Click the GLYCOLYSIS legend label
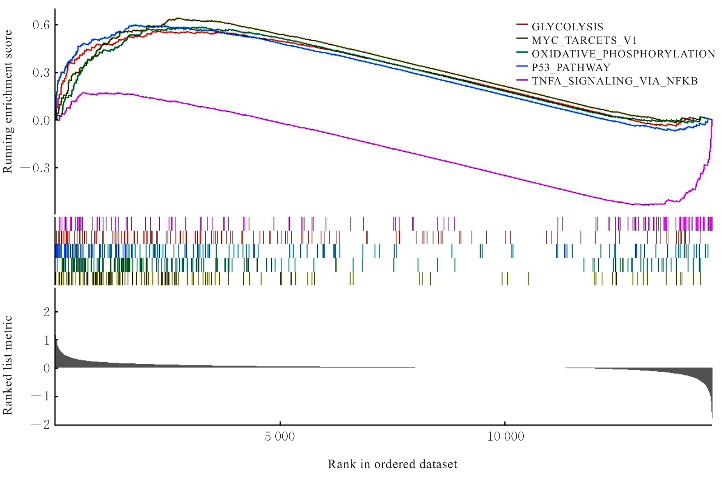click(x=567, y=27)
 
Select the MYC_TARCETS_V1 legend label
click(x=584, y=41)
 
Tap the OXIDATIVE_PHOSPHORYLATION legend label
click(x=623, y=54)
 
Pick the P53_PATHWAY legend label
click(x=571, y=68)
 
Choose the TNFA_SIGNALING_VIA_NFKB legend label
click(x=614, y=81)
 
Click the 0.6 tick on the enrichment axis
click(x=41, y=25)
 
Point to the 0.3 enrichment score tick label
click(x=41, y=73)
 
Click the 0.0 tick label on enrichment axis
click(x=41, y=121)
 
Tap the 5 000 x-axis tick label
click(x=280, y=436)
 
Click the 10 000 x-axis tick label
click(x=506, y=436)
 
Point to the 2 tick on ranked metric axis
click(x=47, y=312)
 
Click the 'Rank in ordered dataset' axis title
click(x=392, y=464)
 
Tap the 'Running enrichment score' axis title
click(x=8, y=102)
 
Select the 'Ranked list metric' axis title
click(x=8, y=365)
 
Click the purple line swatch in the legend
click(x=522, y=80)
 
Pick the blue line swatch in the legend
click(x=522, y=66)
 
